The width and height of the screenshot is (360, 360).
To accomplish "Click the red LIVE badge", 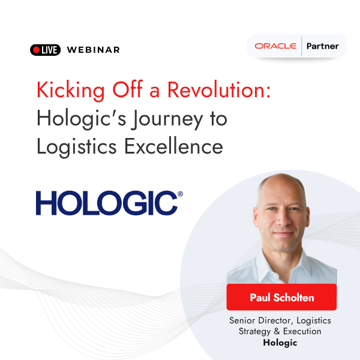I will tap(45, 50).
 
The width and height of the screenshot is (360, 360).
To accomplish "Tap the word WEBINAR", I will tap(93, 50).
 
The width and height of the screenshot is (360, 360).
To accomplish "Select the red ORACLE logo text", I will tap(275, 46).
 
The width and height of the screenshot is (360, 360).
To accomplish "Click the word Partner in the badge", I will tap(322, 46).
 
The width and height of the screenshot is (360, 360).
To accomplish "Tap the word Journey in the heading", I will tap(170, 118).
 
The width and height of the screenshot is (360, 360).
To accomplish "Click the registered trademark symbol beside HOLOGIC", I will tap(181, 194).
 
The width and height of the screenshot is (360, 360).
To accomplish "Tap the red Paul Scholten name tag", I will tap(281, 297).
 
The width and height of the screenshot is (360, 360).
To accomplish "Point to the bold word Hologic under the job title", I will tap(280, 343).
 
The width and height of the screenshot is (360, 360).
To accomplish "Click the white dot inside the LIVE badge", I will tap(37, 50).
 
